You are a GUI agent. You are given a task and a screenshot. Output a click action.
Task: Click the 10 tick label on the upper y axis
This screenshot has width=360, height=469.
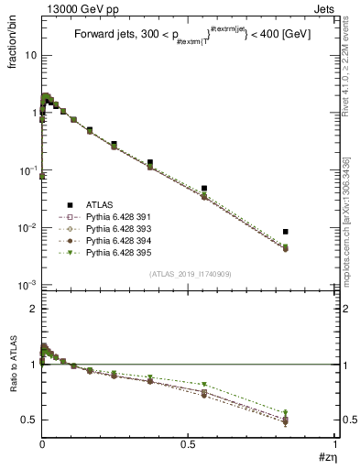[x=29, y=55]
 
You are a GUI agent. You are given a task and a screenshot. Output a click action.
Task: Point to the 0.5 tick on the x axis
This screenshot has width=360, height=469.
[x=188, y=449]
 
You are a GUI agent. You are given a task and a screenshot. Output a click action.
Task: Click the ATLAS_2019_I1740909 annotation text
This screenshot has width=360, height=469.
[x=189, y=274]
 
